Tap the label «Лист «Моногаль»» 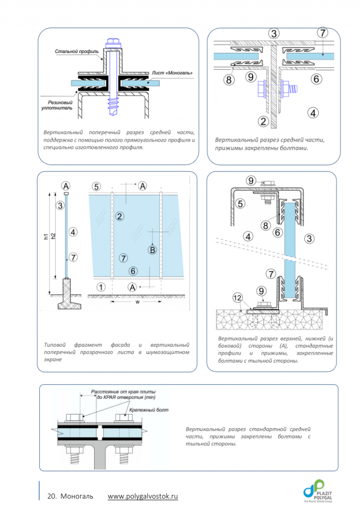[172, 73]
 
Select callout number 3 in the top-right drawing [274, 33]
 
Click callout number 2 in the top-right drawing [263, 122]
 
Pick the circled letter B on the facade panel [152, 250]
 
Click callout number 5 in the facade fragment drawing [96, 186]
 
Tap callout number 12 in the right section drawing [238, 297]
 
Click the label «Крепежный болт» [149, 410]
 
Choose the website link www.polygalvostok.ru [143, 496]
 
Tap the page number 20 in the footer [52, 496]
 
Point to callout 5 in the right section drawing [240, 204]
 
